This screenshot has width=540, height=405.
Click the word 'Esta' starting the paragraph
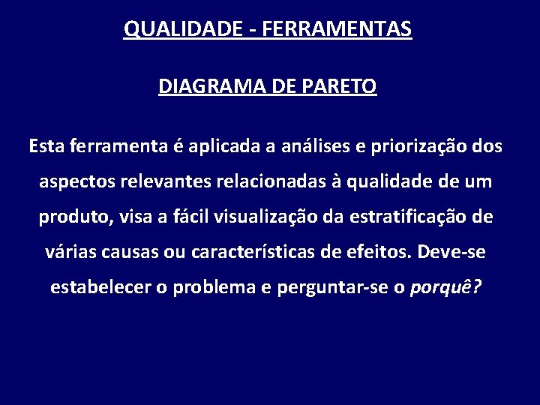click(x=47, y=145)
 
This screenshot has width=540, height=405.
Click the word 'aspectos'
click(x=71, y=181)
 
